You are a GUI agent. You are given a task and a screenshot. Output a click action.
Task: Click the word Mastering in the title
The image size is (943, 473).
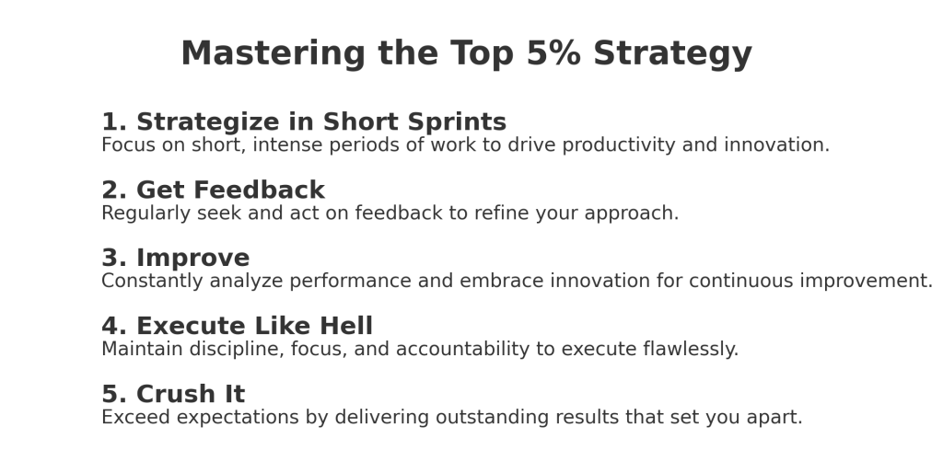tap(273, 54)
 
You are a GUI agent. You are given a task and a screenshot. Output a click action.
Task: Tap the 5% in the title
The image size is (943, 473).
tap(553, 53)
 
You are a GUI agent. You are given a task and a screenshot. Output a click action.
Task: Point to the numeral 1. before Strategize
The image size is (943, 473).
tap(114, 122)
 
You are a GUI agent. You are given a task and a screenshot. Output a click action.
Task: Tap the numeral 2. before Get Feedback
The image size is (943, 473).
tap(114, 190)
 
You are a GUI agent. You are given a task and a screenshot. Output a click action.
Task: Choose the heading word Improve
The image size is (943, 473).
tap(193, 259)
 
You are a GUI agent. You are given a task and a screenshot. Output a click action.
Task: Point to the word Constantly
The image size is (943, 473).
tap(152, 282)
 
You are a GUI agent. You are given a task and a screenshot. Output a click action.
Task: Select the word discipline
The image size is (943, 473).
tap(237, 350)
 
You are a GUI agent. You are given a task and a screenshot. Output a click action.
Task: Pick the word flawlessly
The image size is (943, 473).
tap(691, 350)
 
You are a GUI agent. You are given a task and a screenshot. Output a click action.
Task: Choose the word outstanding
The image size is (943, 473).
tap(492, 418)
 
